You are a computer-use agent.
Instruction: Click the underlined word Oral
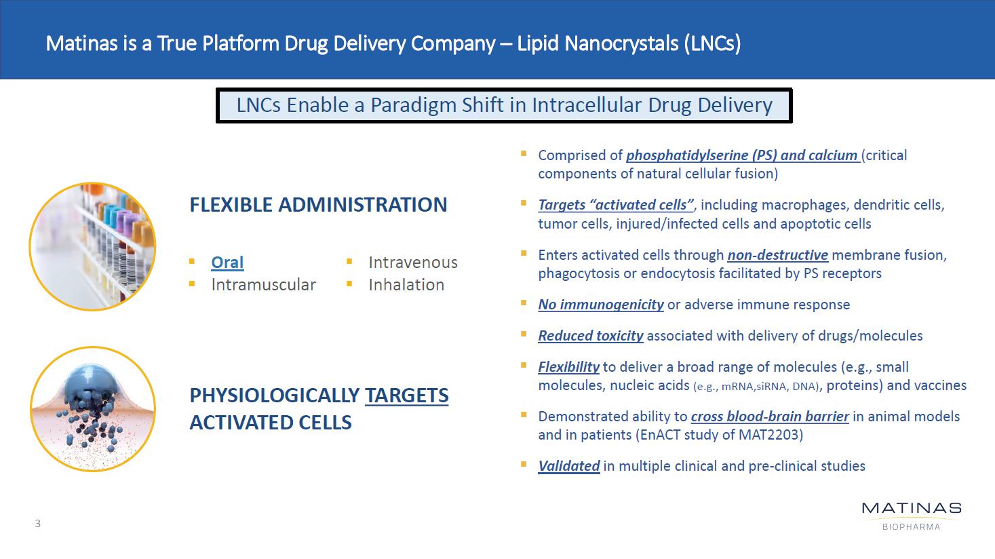(227, 262)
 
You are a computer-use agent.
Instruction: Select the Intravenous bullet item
(413, 263)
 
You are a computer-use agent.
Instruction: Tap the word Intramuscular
(263, 285)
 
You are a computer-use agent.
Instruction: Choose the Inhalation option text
(406, 285)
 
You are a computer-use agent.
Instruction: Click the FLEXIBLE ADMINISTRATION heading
(319, 205)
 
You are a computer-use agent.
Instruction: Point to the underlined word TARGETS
(407, 396)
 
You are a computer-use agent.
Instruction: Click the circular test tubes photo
(92, 247)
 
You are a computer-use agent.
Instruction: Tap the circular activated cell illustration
(93, 409)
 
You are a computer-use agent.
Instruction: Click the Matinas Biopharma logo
(912, 516)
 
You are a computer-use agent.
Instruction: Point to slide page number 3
(38, 524)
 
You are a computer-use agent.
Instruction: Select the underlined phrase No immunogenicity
(601, 305)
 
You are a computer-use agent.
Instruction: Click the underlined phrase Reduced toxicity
(591, 336)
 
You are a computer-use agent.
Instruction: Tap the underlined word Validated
(569, 465)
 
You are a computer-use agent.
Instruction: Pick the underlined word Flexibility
(569, 367)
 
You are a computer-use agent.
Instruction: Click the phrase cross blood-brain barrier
(770, 417)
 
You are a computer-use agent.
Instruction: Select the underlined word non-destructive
(778, 255)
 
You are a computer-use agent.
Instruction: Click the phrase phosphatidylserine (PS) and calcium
(742, 155)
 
